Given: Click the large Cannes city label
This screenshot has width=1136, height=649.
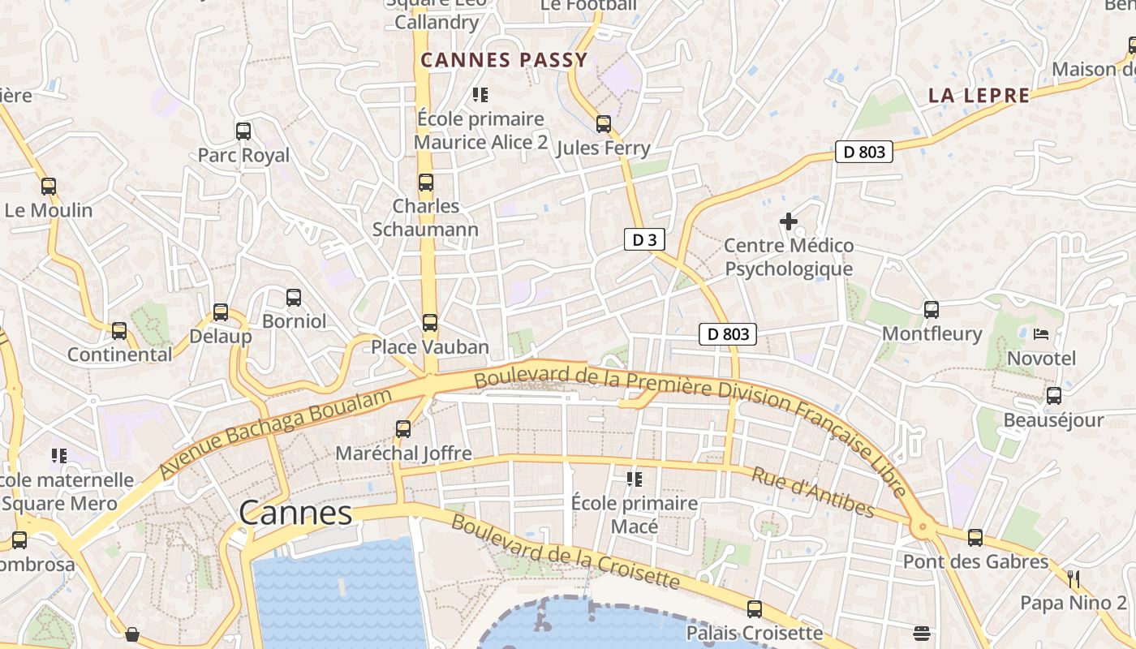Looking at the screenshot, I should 295,513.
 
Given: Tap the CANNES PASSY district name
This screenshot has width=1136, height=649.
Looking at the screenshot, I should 504,60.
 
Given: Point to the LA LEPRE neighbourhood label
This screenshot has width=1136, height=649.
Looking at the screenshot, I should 979,96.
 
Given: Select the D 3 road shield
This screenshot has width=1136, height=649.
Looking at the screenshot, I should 645,239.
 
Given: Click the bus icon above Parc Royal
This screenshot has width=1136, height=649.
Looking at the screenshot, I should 243,131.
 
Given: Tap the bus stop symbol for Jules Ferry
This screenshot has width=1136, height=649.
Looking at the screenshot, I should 603,124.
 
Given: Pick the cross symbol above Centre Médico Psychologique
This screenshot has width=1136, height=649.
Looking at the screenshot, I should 788,221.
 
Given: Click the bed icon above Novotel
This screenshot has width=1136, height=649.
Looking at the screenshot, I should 1041,333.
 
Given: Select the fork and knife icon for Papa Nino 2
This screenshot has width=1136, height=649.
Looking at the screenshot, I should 1074,578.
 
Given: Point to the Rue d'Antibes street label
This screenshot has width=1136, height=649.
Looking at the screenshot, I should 812,492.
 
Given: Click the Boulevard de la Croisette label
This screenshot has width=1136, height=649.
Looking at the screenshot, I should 565,552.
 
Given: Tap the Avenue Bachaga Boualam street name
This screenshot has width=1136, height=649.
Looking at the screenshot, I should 276,433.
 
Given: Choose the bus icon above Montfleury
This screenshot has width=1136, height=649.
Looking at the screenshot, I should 932,309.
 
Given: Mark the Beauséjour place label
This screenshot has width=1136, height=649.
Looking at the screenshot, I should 1053,420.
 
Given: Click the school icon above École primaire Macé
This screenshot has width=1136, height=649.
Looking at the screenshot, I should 634,479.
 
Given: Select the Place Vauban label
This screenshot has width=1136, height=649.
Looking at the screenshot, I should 430,347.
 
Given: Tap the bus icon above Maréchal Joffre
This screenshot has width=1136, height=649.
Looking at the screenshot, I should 403,428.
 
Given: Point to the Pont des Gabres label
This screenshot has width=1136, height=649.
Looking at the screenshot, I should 975,561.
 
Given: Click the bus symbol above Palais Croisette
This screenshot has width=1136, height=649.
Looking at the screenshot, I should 755,608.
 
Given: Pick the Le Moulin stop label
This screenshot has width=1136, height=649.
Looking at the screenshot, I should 49,210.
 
